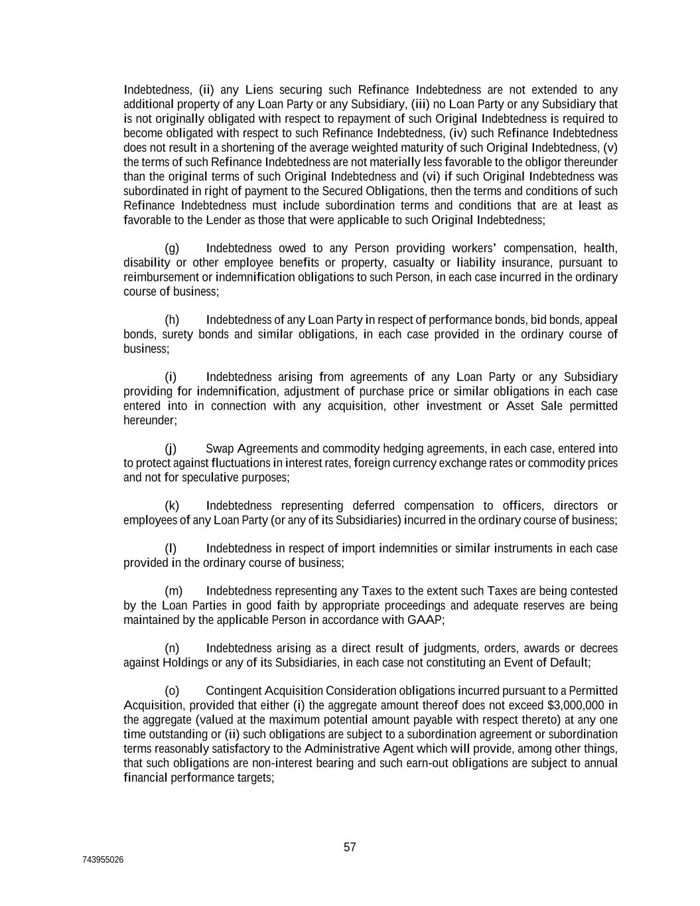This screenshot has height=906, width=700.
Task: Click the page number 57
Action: pos(350,847)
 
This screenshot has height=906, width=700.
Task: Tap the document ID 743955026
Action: pos(103,860)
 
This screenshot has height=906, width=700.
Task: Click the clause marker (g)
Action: pos(172,248)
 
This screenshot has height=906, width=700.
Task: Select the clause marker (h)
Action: pos(172,320)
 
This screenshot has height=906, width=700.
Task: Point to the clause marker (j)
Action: pos(171,449)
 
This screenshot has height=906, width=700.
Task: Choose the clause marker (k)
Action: pos(172,506)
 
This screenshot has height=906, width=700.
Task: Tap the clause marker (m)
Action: pos(173,591)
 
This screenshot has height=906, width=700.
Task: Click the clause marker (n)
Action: pos(172,648)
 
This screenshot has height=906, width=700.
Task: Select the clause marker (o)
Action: pos(172,691)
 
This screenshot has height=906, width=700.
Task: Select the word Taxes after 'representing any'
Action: pos(376,591)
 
